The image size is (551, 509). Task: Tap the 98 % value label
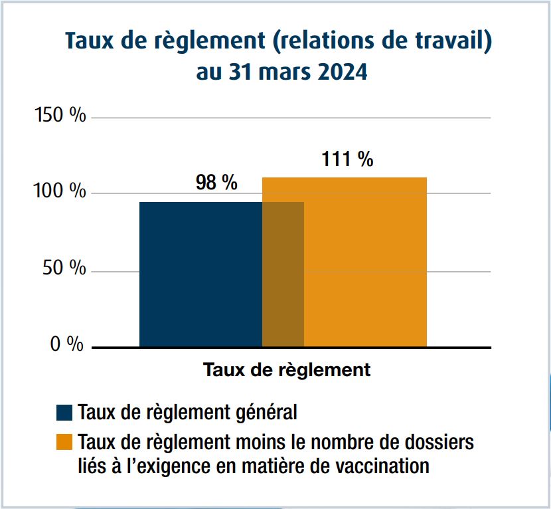pos(216,183)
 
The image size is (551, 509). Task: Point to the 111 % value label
pos(347,159)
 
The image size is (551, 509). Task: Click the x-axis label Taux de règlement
pos(287,369)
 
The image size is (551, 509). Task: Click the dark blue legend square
pos(64,413)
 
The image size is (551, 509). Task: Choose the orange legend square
pos(64,443)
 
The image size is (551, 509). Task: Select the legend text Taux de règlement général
pos(187,413)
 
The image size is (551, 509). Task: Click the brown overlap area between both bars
pos(283,274)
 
